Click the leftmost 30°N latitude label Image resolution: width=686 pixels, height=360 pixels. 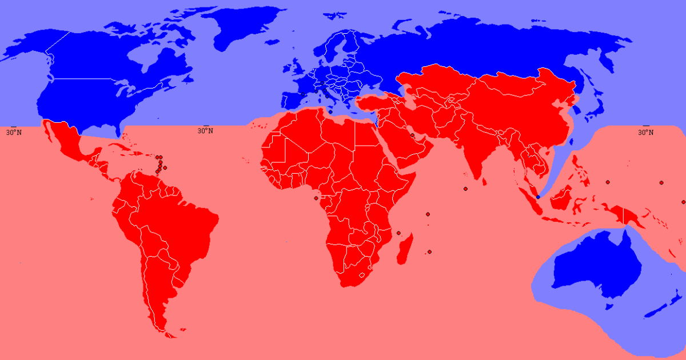14,132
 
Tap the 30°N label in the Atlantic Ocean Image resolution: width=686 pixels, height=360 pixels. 206,131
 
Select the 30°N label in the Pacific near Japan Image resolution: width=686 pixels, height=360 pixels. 645,132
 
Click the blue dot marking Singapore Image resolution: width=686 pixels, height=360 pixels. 538,197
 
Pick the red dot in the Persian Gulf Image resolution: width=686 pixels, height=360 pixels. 412,135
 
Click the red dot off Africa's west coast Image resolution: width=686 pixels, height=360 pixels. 316,198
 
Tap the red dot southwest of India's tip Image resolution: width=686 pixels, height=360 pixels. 466,189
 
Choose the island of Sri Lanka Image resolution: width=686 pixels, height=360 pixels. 484,181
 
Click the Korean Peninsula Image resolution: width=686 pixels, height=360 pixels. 575,103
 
